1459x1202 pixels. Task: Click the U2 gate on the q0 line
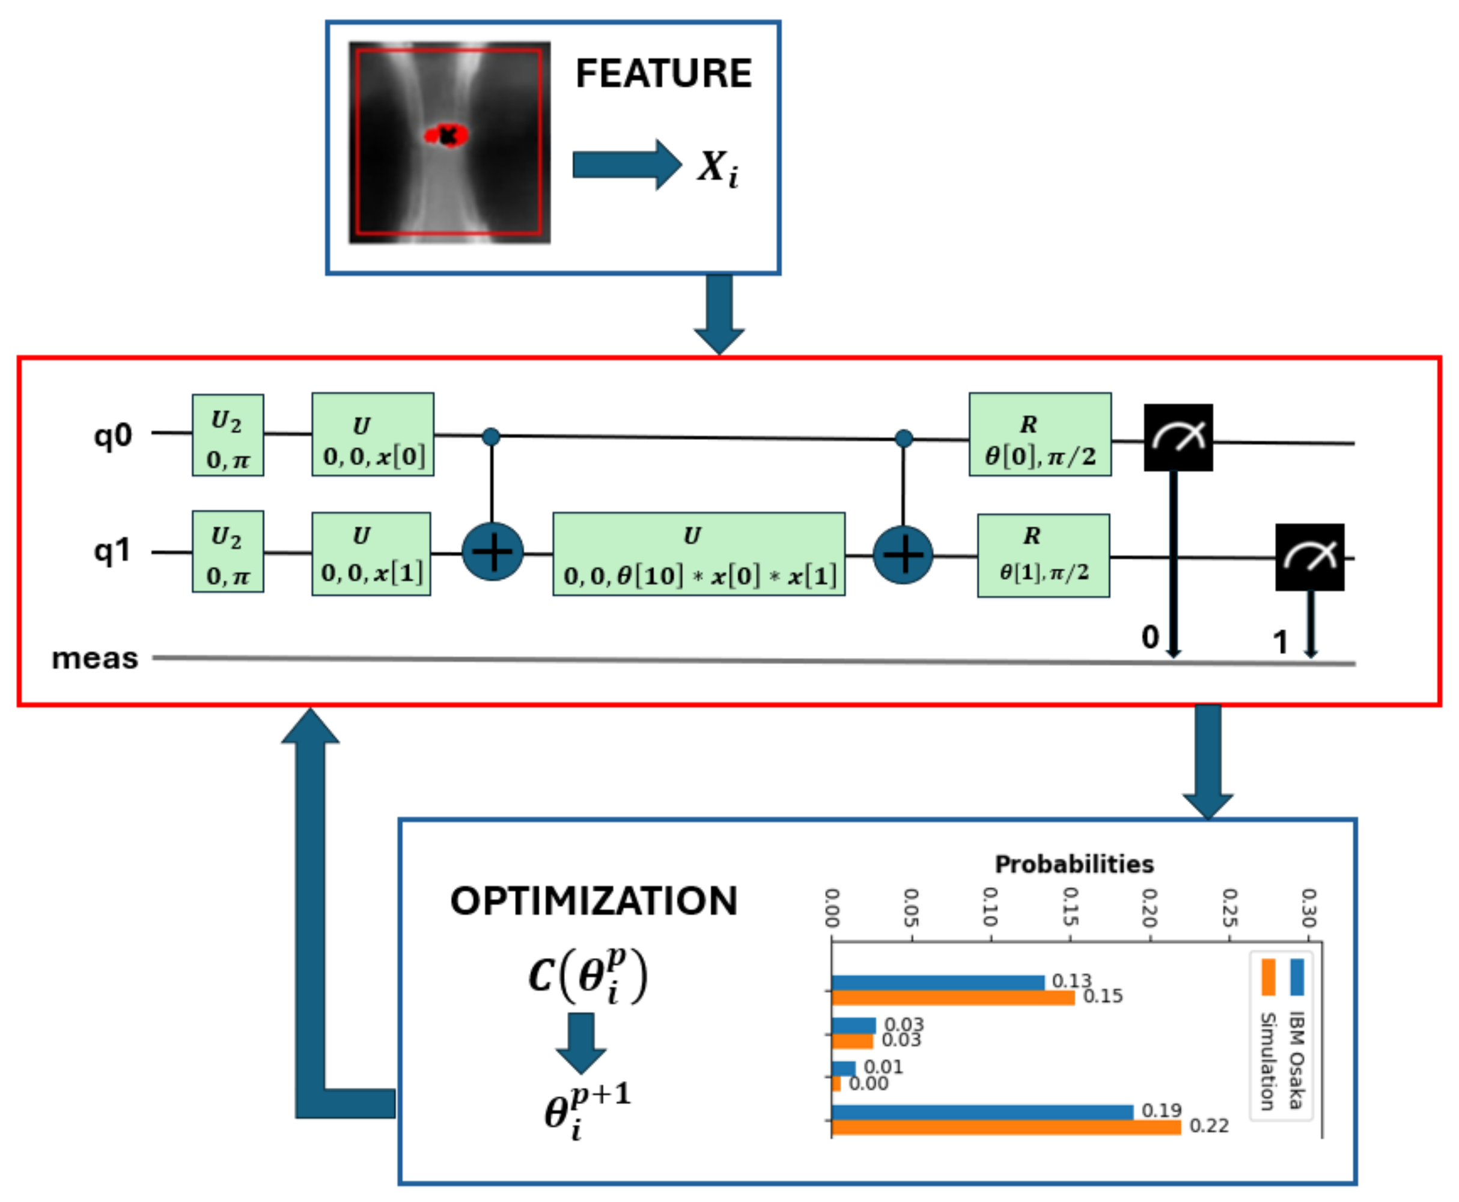click(x=228, y=435)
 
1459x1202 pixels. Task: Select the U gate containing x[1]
click(x=371, y=554)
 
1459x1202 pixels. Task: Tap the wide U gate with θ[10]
click(x=698, y=554)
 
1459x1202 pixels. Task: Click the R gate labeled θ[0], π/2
click(x=1040, y=435)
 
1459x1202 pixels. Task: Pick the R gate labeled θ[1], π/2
click(x=1043, y=555)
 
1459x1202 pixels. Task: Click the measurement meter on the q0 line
click(x=1178, y=438)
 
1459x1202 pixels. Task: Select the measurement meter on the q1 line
click(x=1309, y=557)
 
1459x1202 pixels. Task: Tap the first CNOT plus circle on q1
click(x=493, y=552)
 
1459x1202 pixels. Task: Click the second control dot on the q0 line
click(x=903, y=438)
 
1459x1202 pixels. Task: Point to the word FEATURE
click(x=663, y=73)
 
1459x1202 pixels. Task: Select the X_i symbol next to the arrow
click(x=716, y=168)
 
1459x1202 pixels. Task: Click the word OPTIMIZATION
click(x=593, y=901)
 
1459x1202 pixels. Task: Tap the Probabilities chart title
click(x=1073, y=864)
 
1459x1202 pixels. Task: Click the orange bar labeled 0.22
click(x=1006, y=1127)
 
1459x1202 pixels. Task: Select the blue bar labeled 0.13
click(x=938, y=983)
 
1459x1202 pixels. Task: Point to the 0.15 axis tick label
click(x=1070, y=908)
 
